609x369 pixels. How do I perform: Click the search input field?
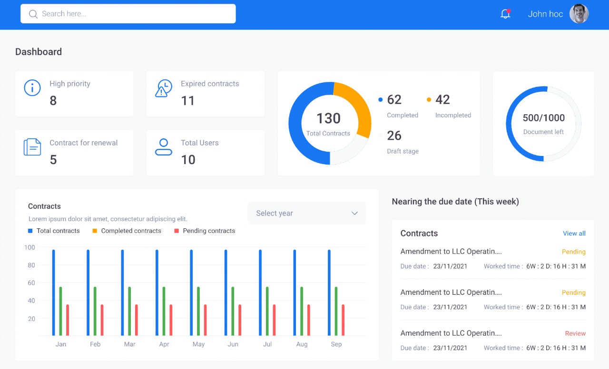coord(128,14)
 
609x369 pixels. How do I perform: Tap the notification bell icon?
coord(505,14)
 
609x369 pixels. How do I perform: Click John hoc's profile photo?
coord(579,14)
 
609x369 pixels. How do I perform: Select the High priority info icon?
coord(32,88)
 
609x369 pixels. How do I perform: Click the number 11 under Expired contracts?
coord(188,101)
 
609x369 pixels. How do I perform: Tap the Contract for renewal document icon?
coord(32,147)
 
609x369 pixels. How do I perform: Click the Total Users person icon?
coord(164,147)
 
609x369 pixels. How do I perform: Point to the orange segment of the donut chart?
coord(359,107)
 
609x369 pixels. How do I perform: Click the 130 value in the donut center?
coord(328,118)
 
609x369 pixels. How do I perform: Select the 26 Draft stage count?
coord(394,136)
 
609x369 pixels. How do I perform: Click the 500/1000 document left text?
coord(543,118)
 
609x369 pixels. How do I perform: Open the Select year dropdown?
coord(307,213)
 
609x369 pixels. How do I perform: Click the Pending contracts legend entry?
coord(205,231)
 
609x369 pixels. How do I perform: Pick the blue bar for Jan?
coord(54,292)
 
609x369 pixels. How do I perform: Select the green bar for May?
coord(198,311)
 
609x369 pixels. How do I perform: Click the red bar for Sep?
coord(343,320)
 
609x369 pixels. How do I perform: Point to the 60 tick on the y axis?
coord(31,283)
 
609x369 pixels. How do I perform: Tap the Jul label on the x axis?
coord(267,344)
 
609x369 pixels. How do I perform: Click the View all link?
coord(574,233)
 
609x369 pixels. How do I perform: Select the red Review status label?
coord(575,333)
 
